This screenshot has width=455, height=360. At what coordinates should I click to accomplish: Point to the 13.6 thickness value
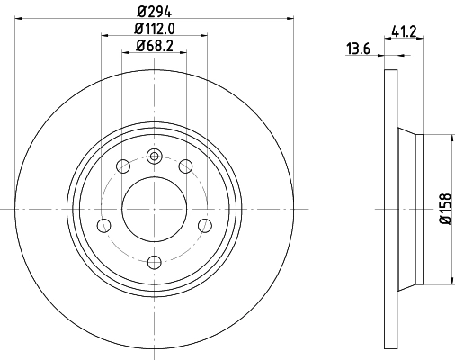point(359,49)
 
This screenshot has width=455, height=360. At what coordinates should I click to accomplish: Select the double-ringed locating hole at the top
point(154,156)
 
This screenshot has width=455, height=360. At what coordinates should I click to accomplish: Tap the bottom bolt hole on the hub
point(154,262)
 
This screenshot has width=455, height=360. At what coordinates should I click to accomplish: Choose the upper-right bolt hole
point(186,165)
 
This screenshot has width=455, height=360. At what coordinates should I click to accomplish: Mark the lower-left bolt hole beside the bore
point(103,224)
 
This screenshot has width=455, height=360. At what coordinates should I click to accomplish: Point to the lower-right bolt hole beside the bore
point(205,224)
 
